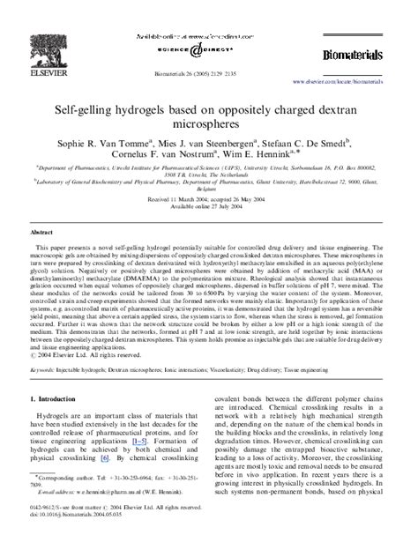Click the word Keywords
(42, 370)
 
